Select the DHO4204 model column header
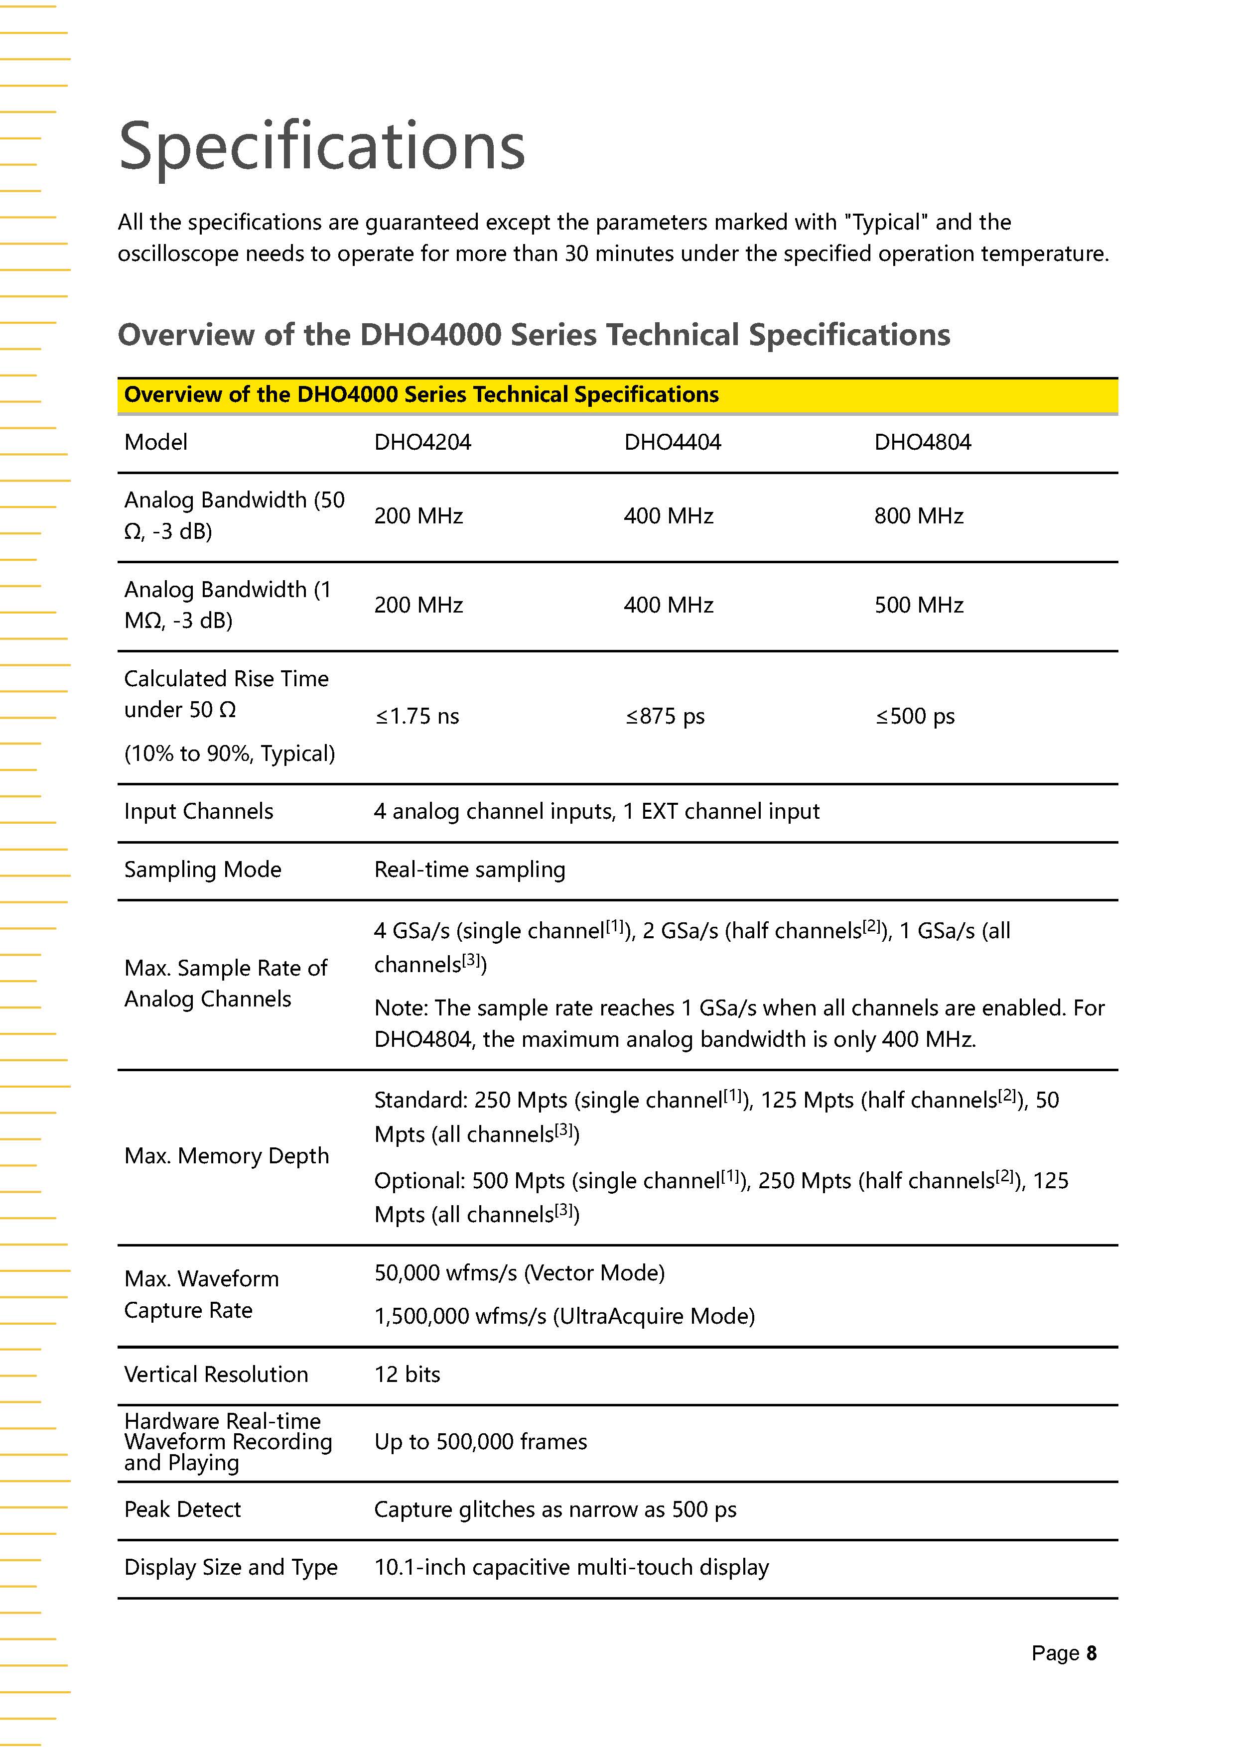[422, 442]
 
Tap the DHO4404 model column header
[672, 442]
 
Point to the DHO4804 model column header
[923, 442]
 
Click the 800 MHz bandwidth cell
[919, 516]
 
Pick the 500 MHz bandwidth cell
[919, 605]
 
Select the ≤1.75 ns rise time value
[417, 716]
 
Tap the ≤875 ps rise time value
[665, 716]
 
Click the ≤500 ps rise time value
[915, 716]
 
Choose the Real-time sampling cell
[470, 870]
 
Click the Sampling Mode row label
[202, 870]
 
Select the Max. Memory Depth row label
[226, 1156]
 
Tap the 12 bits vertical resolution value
[407, 1374]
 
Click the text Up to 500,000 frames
[480, 1442]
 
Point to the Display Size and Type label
[231, 1567]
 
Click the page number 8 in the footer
[1092, 1653]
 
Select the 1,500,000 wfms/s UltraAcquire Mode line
[564, 1316]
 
